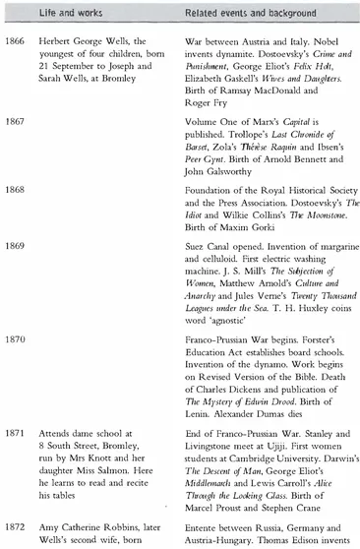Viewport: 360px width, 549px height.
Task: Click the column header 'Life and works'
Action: click(x=68, y=14)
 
